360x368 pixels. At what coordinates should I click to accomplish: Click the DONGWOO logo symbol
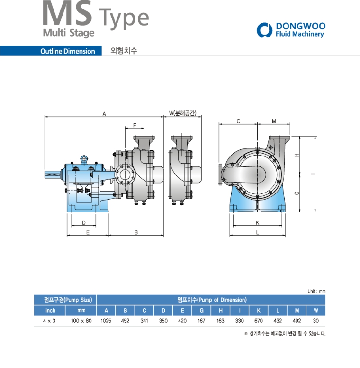pyautogui.click(x=264, y=30)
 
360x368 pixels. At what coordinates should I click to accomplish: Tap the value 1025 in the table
pyautogui.click(x=106, y=321)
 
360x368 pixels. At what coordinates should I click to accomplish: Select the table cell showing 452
pyautogui.click(x=125, y=321)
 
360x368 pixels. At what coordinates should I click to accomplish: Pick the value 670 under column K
pyautogui.click(x=259, y=321)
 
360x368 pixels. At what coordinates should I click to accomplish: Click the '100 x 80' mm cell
pyautogui.click(x=81, y=321)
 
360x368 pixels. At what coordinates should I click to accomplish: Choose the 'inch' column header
pyautogui.click(x=50, y=310)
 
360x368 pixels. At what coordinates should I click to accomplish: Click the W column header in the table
pyautogui.click(x=315, y=310)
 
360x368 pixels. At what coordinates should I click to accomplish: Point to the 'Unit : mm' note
pyautogui.click(x=316, y=291)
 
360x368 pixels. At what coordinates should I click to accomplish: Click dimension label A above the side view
pyautogui.click(x=104, y=114)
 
